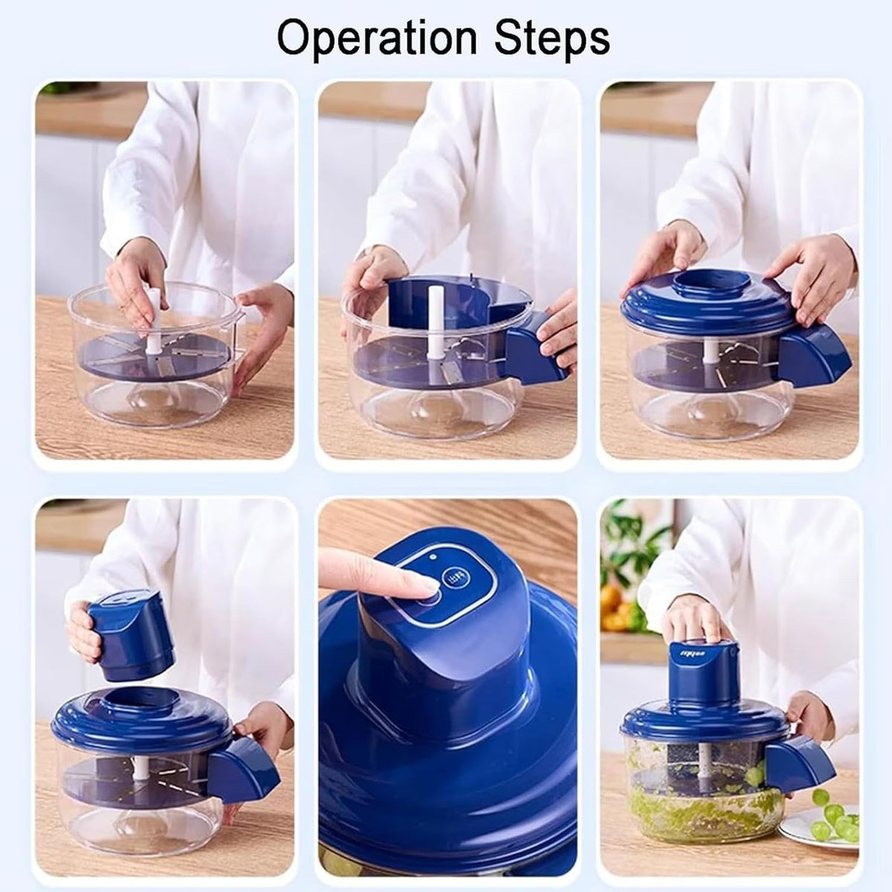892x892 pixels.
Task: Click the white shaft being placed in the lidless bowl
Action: tap(153, 320)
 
